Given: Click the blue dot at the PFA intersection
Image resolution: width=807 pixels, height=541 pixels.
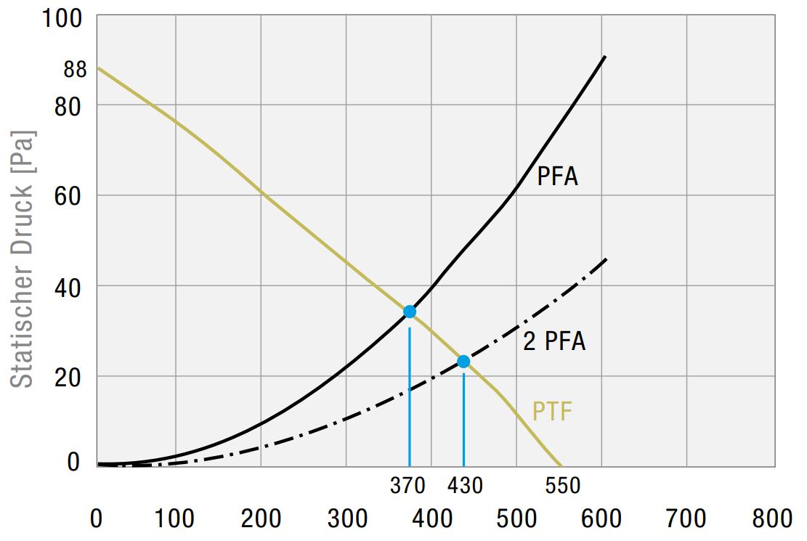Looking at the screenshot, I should [410, 312].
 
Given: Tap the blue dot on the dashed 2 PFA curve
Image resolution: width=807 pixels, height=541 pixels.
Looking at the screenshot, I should [463, 361].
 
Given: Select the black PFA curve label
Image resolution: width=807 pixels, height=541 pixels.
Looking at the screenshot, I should [557, 176].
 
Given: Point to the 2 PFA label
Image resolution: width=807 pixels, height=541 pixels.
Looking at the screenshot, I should [553, 341].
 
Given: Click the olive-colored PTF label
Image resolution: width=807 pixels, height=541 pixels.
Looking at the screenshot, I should [552, 412].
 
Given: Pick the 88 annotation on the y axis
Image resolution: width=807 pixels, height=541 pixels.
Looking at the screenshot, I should [75, 70].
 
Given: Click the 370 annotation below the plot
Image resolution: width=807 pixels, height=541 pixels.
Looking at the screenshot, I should [407, 485].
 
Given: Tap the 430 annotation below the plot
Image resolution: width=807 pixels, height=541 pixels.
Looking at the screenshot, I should [465, 485].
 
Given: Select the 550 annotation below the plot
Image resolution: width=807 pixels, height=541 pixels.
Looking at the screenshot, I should [562, 485].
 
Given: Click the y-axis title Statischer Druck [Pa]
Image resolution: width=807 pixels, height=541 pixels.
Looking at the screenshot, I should [24, 259].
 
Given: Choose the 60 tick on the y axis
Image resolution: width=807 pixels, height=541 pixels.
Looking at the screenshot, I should [68, 196].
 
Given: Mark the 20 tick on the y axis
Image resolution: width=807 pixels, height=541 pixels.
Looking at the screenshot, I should [68, 377].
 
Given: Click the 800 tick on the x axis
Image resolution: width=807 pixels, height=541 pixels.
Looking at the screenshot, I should [773, 518].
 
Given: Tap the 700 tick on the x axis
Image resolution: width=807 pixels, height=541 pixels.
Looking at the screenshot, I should [686, 518].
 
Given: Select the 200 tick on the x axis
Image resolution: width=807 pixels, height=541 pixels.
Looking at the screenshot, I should [261, 518].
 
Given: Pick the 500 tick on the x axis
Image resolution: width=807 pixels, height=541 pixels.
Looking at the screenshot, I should [516, 518].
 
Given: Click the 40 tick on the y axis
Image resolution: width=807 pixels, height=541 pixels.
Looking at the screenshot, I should [68, 286].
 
